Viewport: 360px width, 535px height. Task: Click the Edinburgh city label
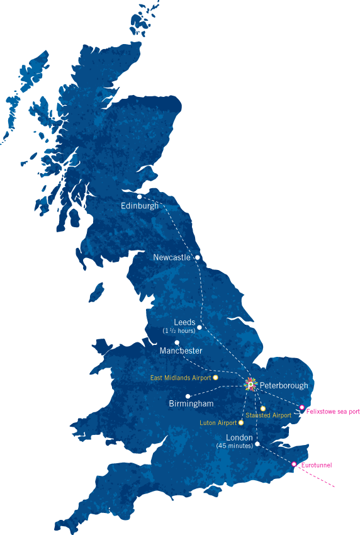coord(140,206)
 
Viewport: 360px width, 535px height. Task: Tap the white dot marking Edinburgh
coord(140,196)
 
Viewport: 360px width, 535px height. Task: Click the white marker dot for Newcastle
coord(198,257)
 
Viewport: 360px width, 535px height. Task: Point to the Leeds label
coord(184,322)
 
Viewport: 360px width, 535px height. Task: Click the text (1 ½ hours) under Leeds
coord(179,331)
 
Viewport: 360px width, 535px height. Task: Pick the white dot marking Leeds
coord(200,327)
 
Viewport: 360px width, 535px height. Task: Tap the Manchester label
coord(181,351)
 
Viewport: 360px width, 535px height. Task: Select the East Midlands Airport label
coord(181,378)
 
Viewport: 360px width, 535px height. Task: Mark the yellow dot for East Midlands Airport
coord(215,377)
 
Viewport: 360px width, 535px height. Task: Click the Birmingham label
coord(191,403)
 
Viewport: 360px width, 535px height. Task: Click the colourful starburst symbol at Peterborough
coord(250,384)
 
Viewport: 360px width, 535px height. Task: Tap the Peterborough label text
coord(284,385)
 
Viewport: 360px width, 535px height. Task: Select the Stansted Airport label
coord(269,415)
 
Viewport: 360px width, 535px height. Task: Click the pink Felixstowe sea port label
coord(329,412)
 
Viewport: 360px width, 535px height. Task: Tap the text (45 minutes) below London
coord(234,446)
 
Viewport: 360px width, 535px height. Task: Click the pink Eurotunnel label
coord(317,465)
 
